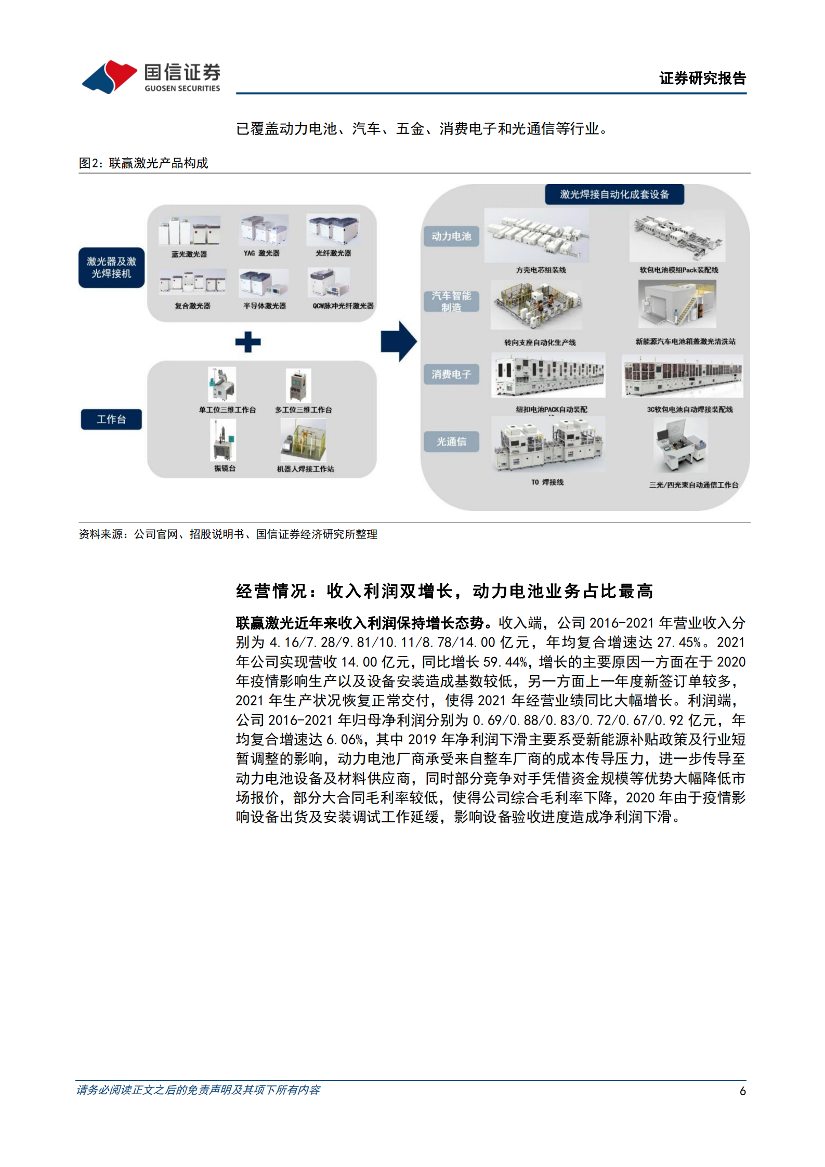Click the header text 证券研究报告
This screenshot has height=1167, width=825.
pyautogui.click(x=702, y=78)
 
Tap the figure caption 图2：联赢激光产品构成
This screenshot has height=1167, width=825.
pyautogui.click(x=143, y=163)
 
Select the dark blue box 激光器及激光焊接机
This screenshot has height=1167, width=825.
pyautogui.click(x=111, y=268)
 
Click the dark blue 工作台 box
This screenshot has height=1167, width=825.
pyautogui.click(x=111, y=419)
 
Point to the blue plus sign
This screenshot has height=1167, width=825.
pyautogui.click(x=248, y=342)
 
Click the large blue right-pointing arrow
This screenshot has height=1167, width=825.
pyautogui.click(x=398, y=341)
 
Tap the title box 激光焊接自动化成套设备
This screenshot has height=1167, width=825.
pyautogui.click(x=614, y=194)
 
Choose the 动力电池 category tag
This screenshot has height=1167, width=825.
pyautogui.click(x=451, y=237)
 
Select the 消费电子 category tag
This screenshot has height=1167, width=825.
pyautogui.click(x=451, y=374)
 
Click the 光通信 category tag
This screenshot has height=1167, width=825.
pyautogui.click(x=451, y=442)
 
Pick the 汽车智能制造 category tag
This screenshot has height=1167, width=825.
pyautogui.click(x=451, y=301)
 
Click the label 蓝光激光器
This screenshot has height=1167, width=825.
pyautogui.click(x=189, y=254)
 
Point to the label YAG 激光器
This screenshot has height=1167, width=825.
pyautogui.click(x=261, y=253)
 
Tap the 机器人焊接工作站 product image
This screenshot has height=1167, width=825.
pyautogui.click(x=304, y=440)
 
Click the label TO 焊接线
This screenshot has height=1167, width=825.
pyautogui.click(x=547, y=482)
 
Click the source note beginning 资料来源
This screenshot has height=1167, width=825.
pyautogui.click(x=228, y=534)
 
